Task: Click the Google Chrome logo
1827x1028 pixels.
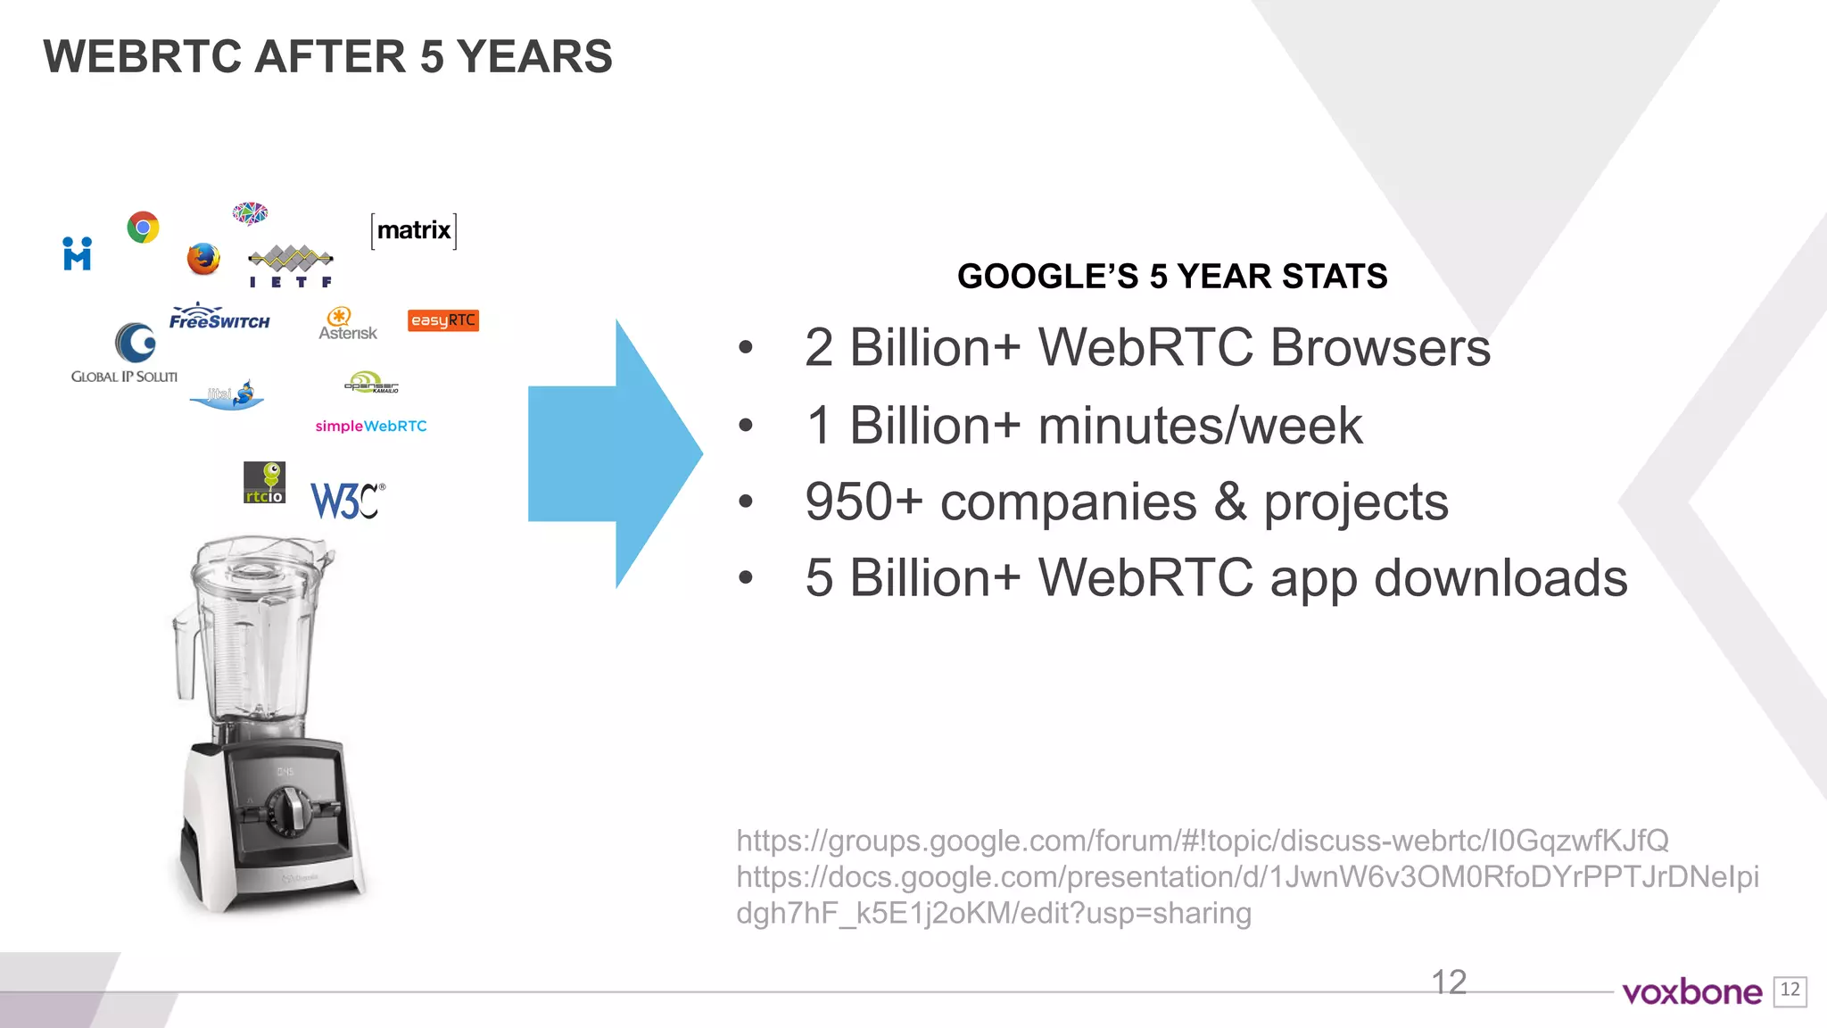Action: coord(143,228)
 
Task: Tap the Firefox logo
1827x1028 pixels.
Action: coord(203,259)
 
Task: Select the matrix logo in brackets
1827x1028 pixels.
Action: coord(414,231)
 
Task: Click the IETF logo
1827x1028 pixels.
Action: coord(291,266)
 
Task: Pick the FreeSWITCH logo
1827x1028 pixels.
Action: coord(219,318)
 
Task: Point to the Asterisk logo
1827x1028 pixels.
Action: coord(347,324)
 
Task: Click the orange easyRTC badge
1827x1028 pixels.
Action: coord(443,320)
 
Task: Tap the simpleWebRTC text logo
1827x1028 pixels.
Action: coord(371,427)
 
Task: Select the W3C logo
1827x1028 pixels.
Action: coord(346,501)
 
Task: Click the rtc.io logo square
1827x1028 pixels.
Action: coord(264,483)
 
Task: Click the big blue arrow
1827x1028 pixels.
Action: coord(616,453)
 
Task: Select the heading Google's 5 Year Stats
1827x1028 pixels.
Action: coord(1172,277)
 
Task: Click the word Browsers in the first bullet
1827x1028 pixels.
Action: coord(1380,347)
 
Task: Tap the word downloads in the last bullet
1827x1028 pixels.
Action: coord(1500,578)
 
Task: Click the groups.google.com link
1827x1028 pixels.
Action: coord(1202,841)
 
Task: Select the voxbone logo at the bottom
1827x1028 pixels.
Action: coord(1691,992)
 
